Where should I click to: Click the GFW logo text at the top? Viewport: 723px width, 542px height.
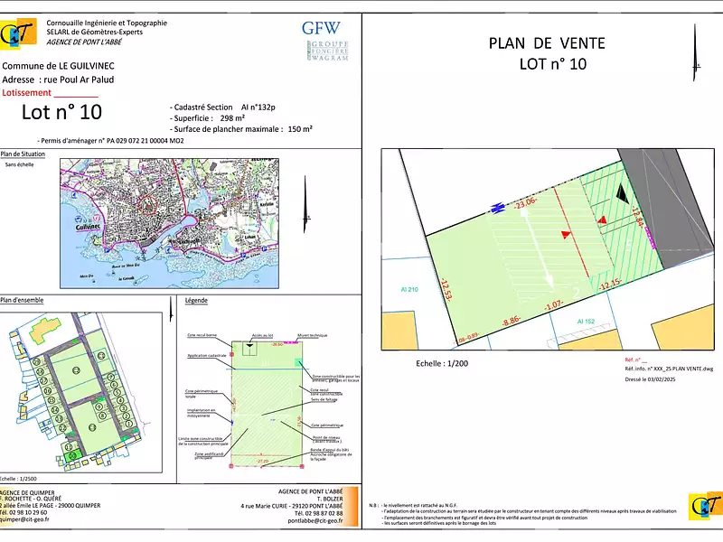click(321, 27)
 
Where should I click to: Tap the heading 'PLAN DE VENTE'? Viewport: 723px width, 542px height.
click(547, 43)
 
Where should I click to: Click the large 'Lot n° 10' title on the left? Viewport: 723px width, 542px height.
click(62, 112)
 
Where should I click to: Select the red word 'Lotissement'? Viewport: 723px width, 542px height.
click(28, 92)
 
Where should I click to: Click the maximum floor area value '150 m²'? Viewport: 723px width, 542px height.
click(299, 129)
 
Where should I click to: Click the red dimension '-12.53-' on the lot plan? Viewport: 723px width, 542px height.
click(445, 293)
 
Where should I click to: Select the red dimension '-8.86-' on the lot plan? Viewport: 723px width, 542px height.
click(512, 319)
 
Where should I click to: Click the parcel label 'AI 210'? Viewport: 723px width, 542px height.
click(410, 289)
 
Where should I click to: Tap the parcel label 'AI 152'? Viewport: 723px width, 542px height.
click(586, 321)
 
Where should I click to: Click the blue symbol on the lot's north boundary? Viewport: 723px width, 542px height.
click(496, 209)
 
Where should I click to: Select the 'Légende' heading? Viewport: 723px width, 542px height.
click(196, 300)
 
